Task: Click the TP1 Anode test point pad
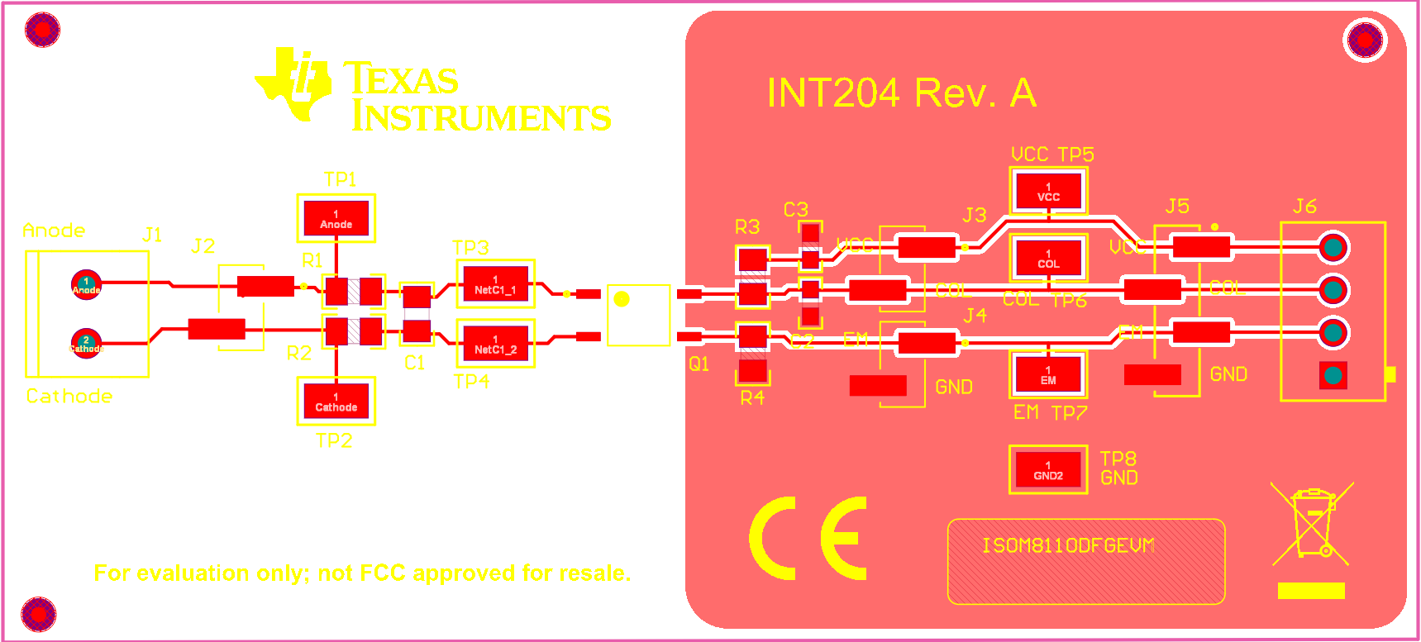(336, 218)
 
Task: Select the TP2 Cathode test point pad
(336, 402)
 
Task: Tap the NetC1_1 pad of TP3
(495, 284)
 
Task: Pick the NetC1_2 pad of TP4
(495, 344)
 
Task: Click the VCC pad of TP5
(1048, 192)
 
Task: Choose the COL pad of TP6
(1048, 259)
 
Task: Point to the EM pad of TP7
(1048, 375)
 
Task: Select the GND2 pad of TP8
(1048, 470)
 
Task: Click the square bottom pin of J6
(1333, 376)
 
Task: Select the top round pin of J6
(1333, 247)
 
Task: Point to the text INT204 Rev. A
(901, 93)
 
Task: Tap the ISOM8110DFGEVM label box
(1085, 561)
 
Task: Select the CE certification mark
(808, 538)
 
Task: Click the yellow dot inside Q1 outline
(622, 299)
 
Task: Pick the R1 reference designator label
(312, 260)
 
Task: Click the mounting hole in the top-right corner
(1365, 40)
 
